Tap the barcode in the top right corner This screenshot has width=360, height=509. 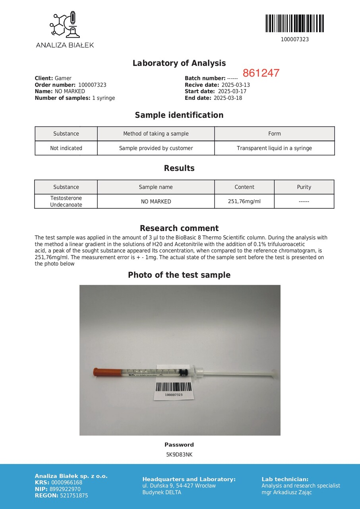294,23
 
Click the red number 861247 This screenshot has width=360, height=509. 261,73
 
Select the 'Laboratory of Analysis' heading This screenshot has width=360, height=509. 179,63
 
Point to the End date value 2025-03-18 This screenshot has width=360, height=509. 228,98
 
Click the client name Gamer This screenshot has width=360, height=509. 63,78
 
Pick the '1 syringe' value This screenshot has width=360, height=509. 103,98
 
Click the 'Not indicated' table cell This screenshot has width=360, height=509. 66,148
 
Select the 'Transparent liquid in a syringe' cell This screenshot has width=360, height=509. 274,148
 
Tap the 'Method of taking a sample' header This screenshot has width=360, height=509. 156,134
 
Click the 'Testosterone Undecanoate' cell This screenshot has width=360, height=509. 66,201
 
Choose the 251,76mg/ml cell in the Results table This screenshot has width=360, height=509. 244,202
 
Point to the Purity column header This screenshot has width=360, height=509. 304,187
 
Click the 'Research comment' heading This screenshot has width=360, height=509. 179,228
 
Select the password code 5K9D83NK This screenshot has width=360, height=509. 179,455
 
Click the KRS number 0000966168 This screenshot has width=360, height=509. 67,483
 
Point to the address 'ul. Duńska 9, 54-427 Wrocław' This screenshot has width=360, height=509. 179,486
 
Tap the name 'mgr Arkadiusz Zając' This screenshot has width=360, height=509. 286,492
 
